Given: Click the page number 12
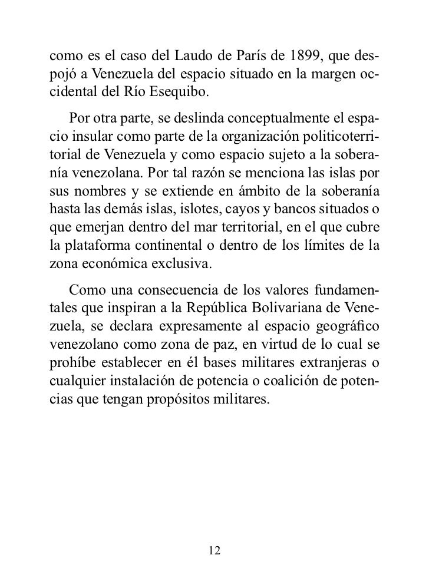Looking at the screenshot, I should (x=214, y=551).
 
